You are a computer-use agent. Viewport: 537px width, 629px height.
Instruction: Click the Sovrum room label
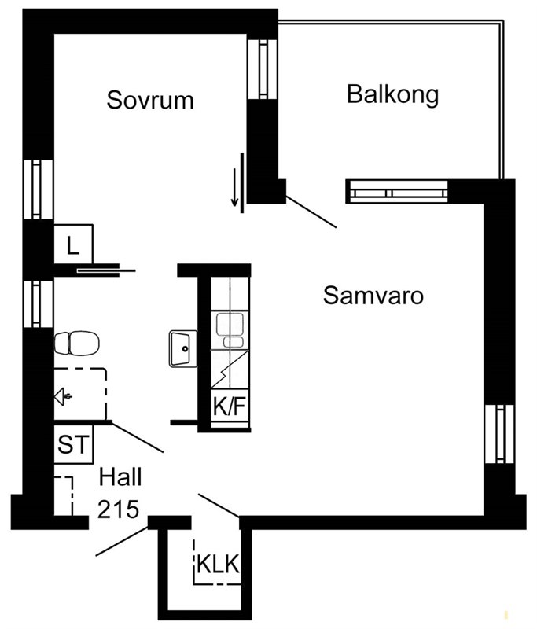click(150, 100)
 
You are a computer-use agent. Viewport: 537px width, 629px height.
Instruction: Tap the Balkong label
click(392, 94)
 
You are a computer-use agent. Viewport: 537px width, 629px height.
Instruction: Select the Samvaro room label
click(373, 296)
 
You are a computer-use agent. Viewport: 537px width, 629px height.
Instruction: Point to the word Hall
click(120, 477)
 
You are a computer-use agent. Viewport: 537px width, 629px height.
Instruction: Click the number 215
click(118, 509)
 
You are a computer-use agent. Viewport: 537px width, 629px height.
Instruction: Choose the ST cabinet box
click(73, 444)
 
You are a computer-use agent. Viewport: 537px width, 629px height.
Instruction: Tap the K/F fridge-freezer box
click(230, 406)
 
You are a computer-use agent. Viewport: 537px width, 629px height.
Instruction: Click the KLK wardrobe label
click(218, 564)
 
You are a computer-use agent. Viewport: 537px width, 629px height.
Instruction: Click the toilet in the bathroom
click(76, 344)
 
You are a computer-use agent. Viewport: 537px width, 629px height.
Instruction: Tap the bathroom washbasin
click(183, 348)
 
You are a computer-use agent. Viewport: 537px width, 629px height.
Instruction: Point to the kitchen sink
click(230, 330)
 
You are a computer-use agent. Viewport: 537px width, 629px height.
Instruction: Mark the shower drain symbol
click(63, 397)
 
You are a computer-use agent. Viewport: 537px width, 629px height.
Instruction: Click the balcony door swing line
click(311, 212)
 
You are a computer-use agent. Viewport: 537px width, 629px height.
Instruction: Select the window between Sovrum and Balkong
click(263, 69)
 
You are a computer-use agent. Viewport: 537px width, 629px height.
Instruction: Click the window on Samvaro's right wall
click(499, 434)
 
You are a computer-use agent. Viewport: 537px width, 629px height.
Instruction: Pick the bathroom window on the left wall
click(37, 303)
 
